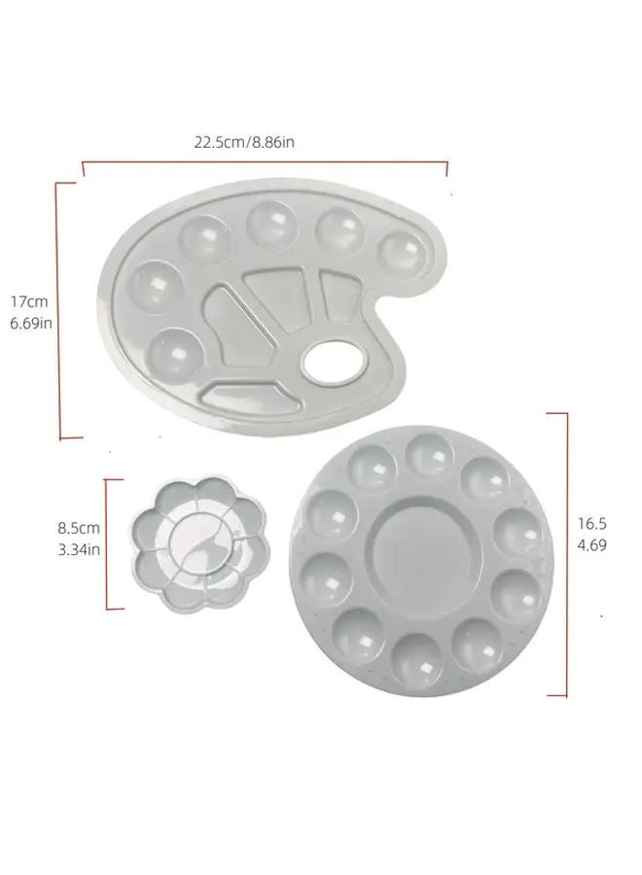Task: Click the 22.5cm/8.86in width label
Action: click(244, 142)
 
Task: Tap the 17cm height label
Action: click(29, 302)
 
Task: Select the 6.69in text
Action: click(31, 323)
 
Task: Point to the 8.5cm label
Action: click(79, 528)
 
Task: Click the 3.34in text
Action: click(79, 549)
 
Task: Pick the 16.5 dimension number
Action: click(591, 524)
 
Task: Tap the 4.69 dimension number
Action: click(591, 545)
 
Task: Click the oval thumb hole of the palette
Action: click(334, 362)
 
